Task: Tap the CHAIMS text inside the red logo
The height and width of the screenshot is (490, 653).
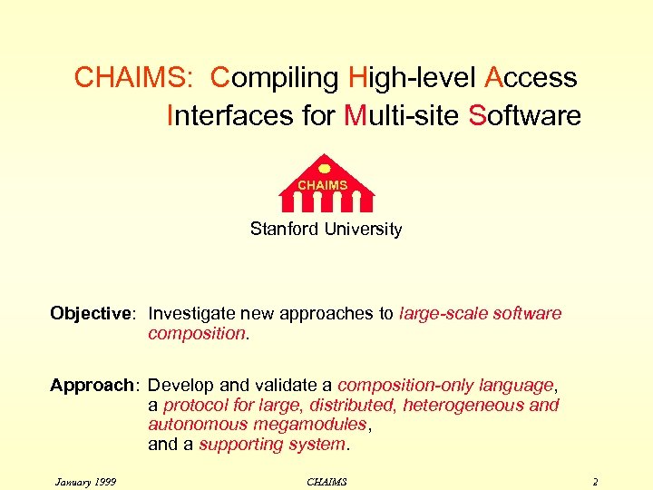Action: [324, 185]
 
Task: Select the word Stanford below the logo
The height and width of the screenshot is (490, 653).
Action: [281, 230]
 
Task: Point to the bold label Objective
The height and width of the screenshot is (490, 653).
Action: [92, 314]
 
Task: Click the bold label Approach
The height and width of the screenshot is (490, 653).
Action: [92, 386]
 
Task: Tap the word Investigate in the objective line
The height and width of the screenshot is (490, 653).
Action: [194, 314]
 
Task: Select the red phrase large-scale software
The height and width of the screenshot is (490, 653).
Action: [480, 314]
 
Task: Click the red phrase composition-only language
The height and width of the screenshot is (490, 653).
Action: [444, 386]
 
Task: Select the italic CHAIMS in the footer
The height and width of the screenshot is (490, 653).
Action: [326, 481]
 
